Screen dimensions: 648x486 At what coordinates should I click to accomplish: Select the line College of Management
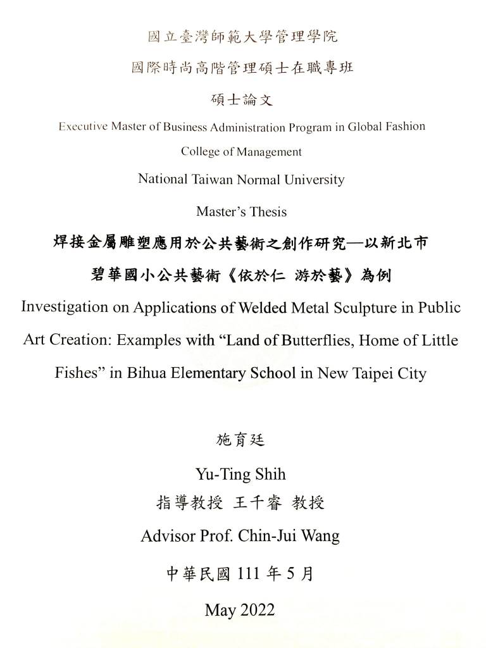241,152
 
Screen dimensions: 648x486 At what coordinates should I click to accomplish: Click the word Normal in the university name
259,180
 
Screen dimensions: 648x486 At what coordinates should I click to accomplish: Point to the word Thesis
270,211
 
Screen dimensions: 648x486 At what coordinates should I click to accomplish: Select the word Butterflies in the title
318,341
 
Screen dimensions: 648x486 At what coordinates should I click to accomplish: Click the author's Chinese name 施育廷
241,440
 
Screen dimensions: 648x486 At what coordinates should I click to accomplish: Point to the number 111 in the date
248,574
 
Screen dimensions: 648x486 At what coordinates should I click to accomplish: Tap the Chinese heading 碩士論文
241,99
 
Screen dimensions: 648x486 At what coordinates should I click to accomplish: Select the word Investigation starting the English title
65,308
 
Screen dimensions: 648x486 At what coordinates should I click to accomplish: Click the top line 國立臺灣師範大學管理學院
242,37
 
